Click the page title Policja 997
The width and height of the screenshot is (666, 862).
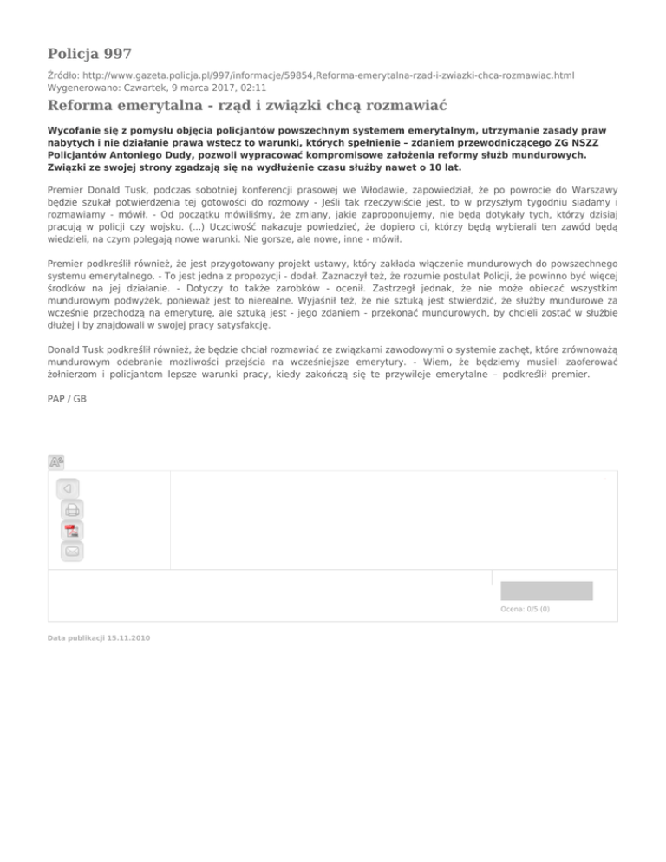[89, 54]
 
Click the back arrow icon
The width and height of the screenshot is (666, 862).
[69, 488]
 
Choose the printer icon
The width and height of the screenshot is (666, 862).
[72, 510]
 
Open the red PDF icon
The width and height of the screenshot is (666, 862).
[72, 531]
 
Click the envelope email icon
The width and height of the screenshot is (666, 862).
[72, 551]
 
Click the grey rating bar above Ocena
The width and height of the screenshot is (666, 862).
[546, 591]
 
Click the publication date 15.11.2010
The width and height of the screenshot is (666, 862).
[98, 637]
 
